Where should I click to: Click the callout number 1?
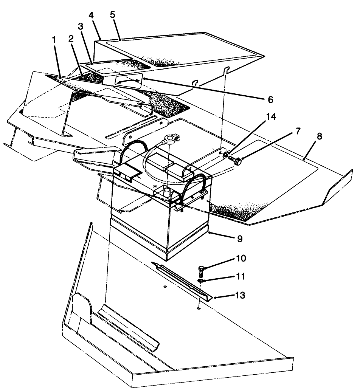54,40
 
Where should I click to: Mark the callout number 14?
271,117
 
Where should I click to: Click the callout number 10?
241,259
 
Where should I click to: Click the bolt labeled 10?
202,270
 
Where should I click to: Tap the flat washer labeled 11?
200,281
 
